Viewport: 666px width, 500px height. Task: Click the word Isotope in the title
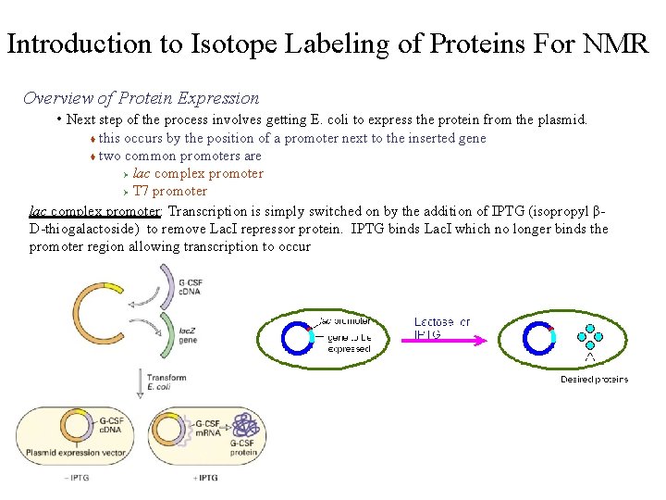[x=230, y=44]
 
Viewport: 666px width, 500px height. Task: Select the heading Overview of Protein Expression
[x=141, y=98]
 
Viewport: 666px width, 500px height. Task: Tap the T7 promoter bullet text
[x=170, y=191]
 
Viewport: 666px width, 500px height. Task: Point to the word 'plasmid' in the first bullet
[x=558, y=119]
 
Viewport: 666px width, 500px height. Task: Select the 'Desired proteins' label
[x=594, y=379]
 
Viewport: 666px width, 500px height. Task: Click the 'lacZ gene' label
[x=188, y=335]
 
